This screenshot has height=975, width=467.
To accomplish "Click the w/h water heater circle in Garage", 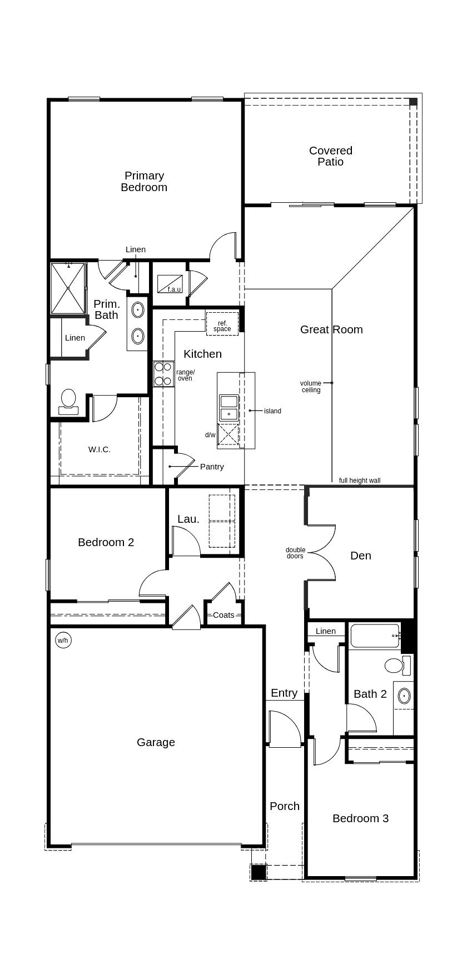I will coord(63,641).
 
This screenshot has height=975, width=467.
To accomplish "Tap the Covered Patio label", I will coord(331,156).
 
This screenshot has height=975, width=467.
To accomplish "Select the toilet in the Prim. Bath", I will coord(68,401).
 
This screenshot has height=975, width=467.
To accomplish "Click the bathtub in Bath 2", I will coord(375,636).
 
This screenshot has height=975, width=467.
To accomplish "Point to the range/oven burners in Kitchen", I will coord(163,374).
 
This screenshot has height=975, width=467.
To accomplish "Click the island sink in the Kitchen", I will coord(229,408).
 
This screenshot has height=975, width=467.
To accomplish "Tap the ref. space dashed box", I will coord(222,324).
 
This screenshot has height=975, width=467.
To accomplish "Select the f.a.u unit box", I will coord(170,284).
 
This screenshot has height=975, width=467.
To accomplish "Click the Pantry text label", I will coord(212,467).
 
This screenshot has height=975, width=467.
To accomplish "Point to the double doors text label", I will coord(295,553).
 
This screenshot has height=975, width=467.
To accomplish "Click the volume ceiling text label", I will coord(311,387).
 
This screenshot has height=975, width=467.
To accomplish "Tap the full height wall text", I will coord(360,481).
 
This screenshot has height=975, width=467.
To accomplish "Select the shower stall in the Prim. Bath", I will coord(68,288).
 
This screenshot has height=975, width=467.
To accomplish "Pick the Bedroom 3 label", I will coord(360,818).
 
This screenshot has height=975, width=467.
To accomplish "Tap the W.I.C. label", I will coord(100,449).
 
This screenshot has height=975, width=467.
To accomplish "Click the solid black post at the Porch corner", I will coord(258,872).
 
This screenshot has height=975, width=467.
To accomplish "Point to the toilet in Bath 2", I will coord(395,665).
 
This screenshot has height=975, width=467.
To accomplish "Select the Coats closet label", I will coord(223,615).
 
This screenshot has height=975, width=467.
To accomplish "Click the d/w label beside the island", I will coord(210,435).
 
